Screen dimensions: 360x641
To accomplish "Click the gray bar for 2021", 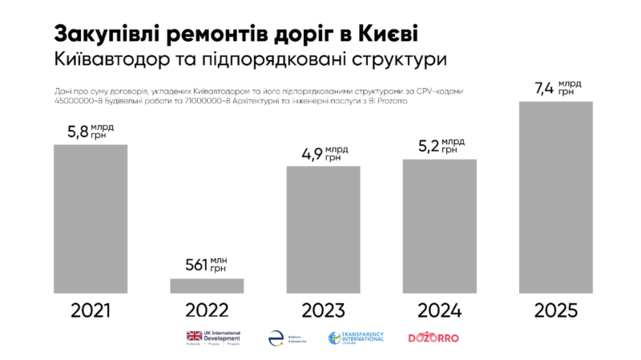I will tap(90, 219).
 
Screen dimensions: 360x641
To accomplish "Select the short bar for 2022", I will tap(207, 285).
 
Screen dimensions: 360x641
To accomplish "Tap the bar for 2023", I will tap(323, 230).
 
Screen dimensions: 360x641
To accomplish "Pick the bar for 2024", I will tap(439, 226).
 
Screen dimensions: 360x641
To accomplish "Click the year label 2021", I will tap(90, 310).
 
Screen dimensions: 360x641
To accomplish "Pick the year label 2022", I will tap(207, 310).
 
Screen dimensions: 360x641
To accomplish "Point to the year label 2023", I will tap(323, 310).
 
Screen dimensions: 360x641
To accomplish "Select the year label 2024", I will tap(439, 310).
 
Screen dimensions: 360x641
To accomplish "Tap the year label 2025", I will tap(556, 310).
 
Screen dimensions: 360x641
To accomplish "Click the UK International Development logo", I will tap(212, 338).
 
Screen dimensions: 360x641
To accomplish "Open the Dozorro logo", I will tap(433, 338).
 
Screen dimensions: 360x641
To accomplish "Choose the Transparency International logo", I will tap(357, 338).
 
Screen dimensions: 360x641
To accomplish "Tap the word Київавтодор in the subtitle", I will tap(121, 59).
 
